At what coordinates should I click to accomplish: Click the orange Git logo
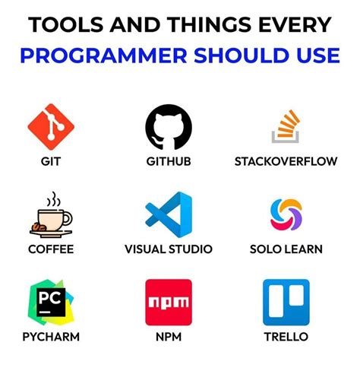point(51,126)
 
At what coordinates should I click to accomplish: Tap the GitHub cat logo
point(169,127)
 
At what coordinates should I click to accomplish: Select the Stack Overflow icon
point(286,127)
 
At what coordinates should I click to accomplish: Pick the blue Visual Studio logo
point(169,215)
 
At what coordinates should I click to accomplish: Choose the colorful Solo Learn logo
point(286,215)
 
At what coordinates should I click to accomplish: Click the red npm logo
point(169,302)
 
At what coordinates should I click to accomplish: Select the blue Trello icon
point(286,302)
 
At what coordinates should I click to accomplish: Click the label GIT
point(51,161)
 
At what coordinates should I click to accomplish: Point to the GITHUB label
point(169,161)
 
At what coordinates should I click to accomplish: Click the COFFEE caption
point(51,249)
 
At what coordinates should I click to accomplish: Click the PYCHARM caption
point(51,336)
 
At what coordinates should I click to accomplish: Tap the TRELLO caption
point(286,336)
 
